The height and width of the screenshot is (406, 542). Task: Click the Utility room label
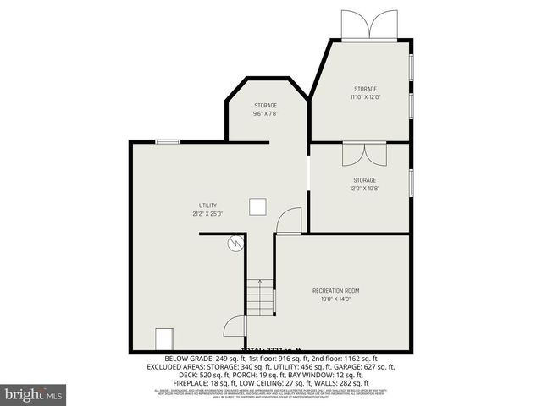[207, 206]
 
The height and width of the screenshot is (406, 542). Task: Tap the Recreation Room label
[341, 290]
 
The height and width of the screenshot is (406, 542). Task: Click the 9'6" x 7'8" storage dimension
[265, 113]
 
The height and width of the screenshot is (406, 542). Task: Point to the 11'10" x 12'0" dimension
[365, 96]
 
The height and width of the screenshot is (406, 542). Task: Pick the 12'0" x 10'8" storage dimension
[364, 188]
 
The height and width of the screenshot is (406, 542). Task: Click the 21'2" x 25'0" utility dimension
[207, 214]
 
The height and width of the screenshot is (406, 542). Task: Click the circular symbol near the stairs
[235, 244]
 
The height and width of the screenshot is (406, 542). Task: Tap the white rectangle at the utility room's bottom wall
[163, 340]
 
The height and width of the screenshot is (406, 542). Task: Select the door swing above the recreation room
[290, 221]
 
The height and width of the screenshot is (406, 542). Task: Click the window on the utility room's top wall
[167, 141]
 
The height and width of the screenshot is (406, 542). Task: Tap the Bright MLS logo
[33, 394]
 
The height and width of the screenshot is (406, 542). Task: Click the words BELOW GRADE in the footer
[188, 359]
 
